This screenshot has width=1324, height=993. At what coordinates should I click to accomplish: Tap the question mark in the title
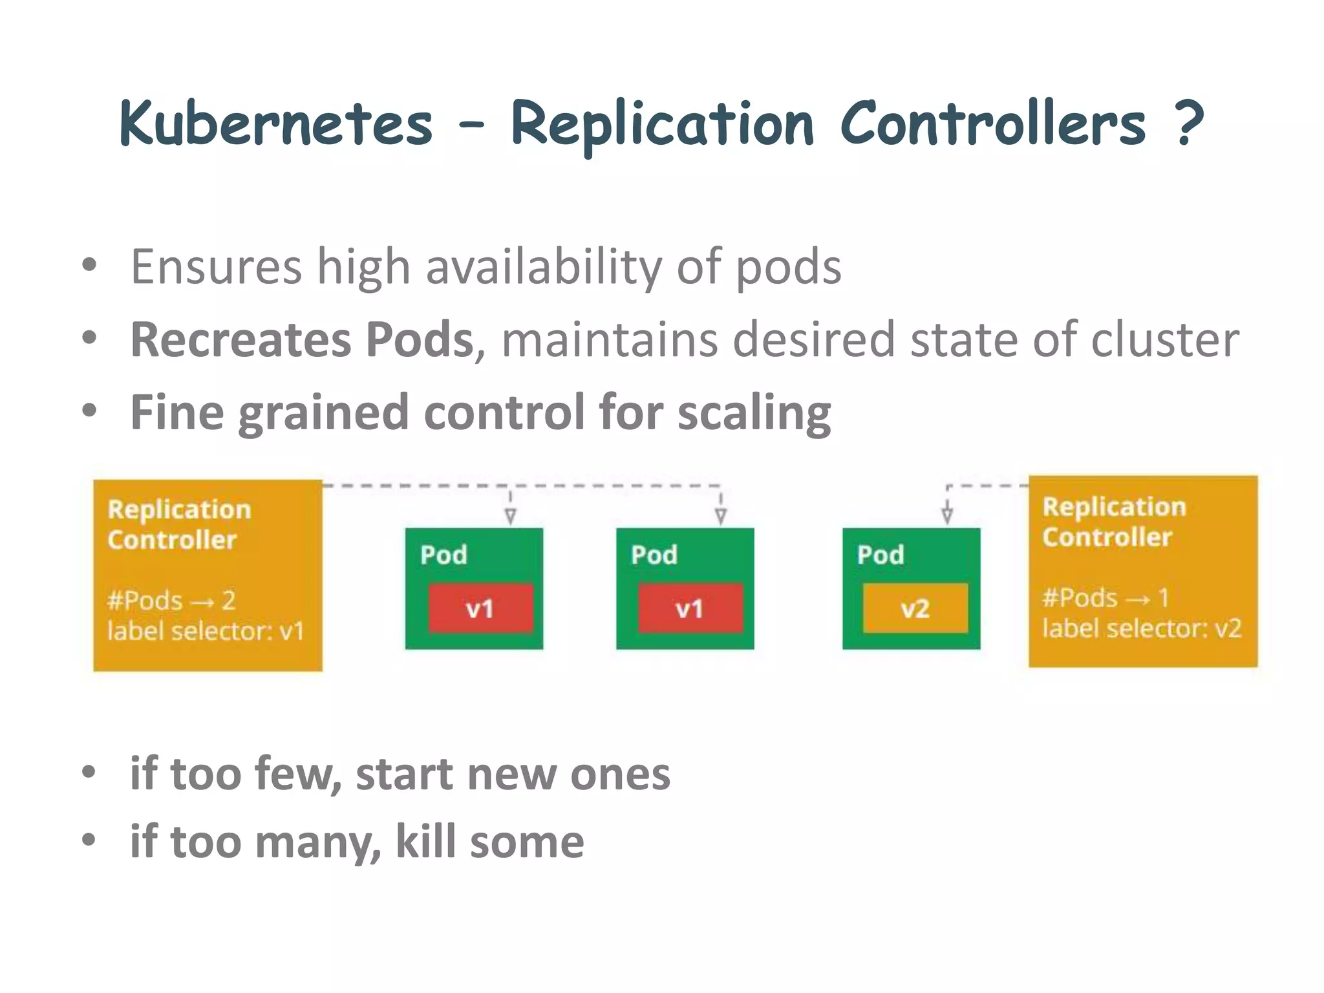1188,123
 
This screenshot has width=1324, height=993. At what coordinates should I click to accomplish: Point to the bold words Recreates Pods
302,339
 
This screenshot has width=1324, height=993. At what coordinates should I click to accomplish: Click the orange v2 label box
915,608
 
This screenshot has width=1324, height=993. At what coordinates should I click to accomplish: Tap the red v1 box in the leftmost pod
480,608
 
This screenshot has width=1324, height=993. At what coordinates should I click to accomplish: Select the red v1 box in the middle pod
690,608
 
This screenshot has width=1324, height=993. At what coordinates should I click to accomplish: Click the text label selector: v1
206,631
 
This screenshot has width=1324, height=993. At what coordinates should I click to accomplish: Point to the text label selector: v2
1142,628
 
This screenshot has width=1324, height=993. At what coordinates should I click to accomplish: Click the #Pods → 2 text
171,601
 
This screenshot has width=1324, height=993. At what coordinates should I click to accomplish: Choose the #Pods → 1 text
1105,598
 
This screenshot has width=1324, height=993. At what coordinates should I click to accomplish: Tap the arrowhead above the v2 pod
947,515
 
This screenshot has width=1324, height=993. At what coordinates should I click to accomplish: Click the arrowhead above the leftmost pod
511,516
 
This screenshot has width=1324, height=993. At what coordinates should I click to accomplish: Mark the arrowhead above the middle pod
721,516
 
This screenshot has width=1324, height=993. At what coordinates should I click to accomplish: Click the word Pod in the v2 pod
881,555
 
